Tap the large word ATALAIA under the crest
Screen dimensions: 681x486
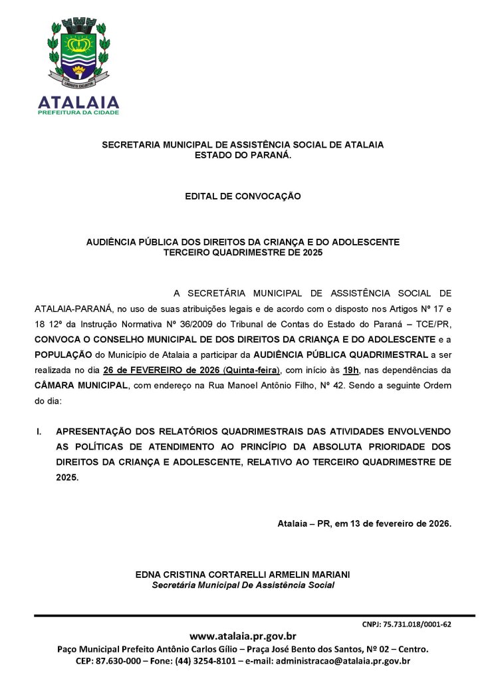click(78, 102)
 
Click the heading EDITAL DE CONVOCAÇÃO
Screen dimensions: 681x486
click(243, 196)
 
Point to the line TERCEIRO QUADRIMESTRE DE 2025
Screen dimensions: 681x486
click(243, 252)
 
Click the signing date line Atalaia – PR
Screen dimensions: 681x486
click(364, 523)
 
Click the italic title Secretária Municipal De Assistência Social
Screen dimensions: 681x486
click(243, 585)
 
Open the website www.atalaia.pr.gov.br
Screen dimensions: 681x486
click(243, 636)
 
